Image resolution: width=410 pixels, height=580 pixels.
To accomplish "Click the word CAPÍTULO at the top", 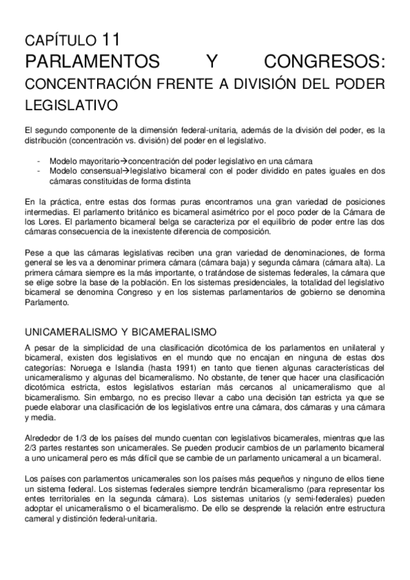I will click(60, 40).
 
